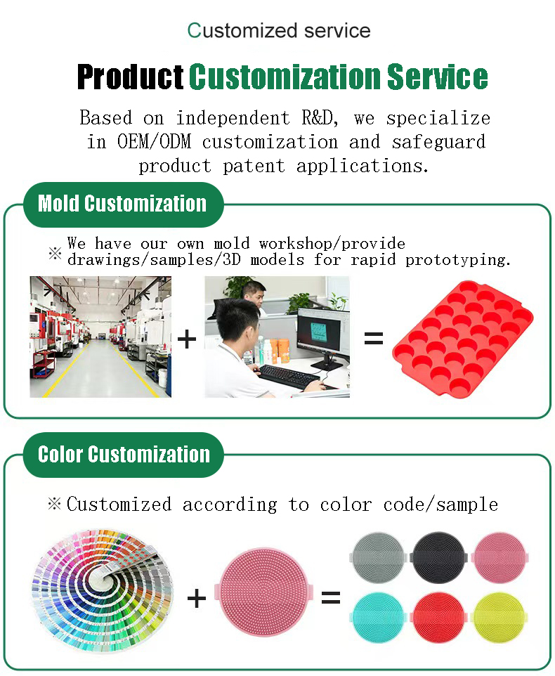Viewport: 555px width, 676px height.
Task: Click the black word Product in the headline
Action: coord(130,77)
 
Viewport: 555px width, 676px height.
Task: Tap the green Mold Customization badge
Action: coord(123,204)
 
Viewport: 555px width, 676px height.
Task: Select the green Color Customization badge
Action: coord(123,455)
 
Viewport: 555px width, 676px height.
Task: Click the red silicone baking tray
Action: coord(463,339)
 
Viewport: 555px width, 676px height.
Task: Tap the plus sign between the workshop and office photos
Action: coord(187,339)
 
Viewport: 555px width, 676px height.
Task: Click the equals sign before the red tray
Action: coord(374,339)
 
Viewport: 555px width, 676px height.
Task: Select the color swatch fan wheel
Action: coord(102,590)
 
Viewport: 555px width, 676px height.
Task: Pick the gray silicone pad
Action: coord(378,557)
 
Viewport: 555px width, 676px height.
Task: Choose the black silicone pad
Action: coord(438,557)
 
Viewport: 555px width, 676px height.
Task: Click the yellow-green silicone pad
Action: coord(499,618)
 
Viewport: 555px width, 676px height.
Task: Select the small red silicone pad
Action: coord(438,618)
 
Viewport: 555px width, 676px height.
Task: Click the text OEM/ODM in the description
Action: coord(154,142)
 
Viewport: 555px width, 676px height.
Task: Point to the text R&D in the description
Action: coord(319,118)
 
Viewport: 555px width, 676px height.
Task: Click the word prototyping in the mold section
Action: coord(458,260)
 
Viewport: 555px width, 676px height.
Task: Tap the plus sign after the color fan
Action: coord(197,598)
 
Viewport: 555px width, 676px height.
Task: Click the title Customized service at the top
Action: coord(279,31)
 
